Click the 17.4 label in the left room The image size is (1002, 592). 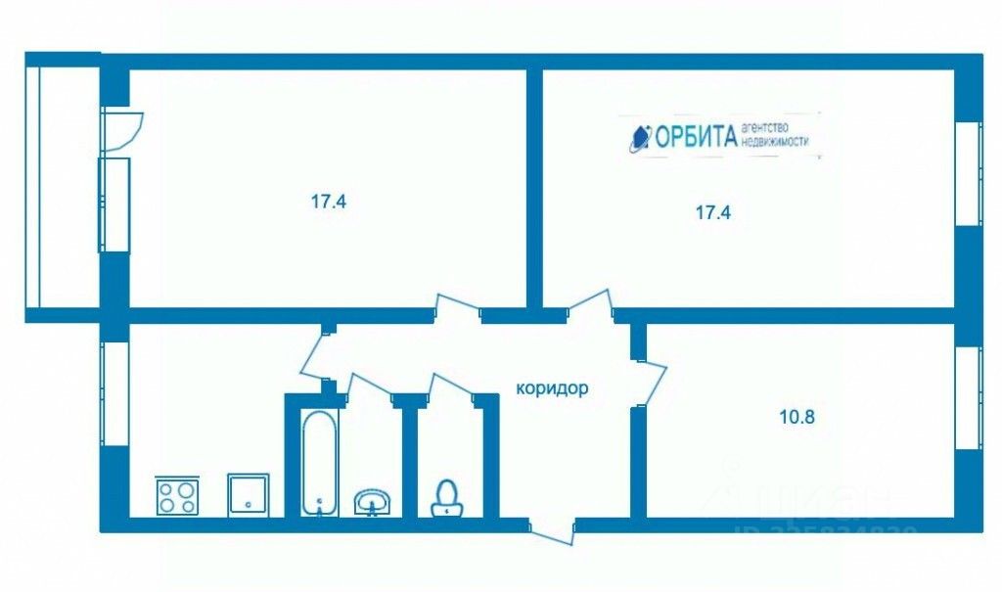330,204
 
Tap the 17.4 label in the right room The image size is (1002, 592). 713,211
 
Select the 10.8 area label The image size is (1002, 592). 797,415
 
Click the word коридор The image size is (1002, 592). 552,388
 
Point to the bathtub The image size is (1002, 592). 319,462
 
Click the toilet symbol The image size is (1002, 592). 447,496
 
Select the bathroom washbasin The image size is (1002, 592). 373,501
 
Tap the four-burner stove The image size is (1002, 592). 177,494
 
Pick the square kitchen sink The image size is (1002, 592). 248,494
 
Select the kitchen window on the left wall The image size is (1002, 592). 114,391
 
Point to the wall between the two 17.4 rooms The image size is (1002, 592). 534,186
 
